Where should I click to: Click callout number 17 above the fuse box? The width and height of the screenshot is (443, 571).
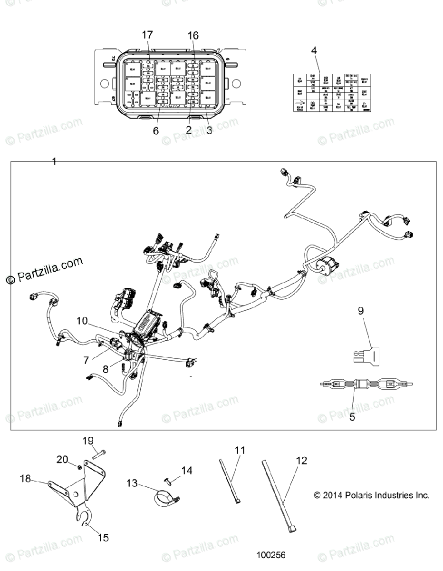coord(147,35)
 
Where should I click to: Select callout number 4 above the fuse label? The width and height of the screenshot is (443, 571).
coord(313,50)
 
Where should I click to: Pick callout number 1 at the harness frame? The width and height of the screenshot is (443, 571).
coord(54,162)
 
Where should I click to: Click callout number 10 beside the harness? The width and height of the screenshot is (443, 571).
coord(82,321)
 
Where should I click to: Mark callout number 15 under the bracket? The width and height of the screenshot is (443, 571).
coord(103,538)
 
